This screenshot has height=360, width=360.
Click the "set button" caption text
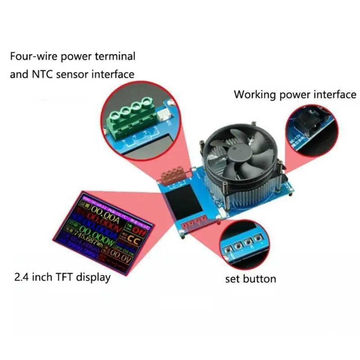click(250, 279)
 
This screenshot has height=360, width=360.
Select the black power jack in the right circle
click(306, 121)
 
